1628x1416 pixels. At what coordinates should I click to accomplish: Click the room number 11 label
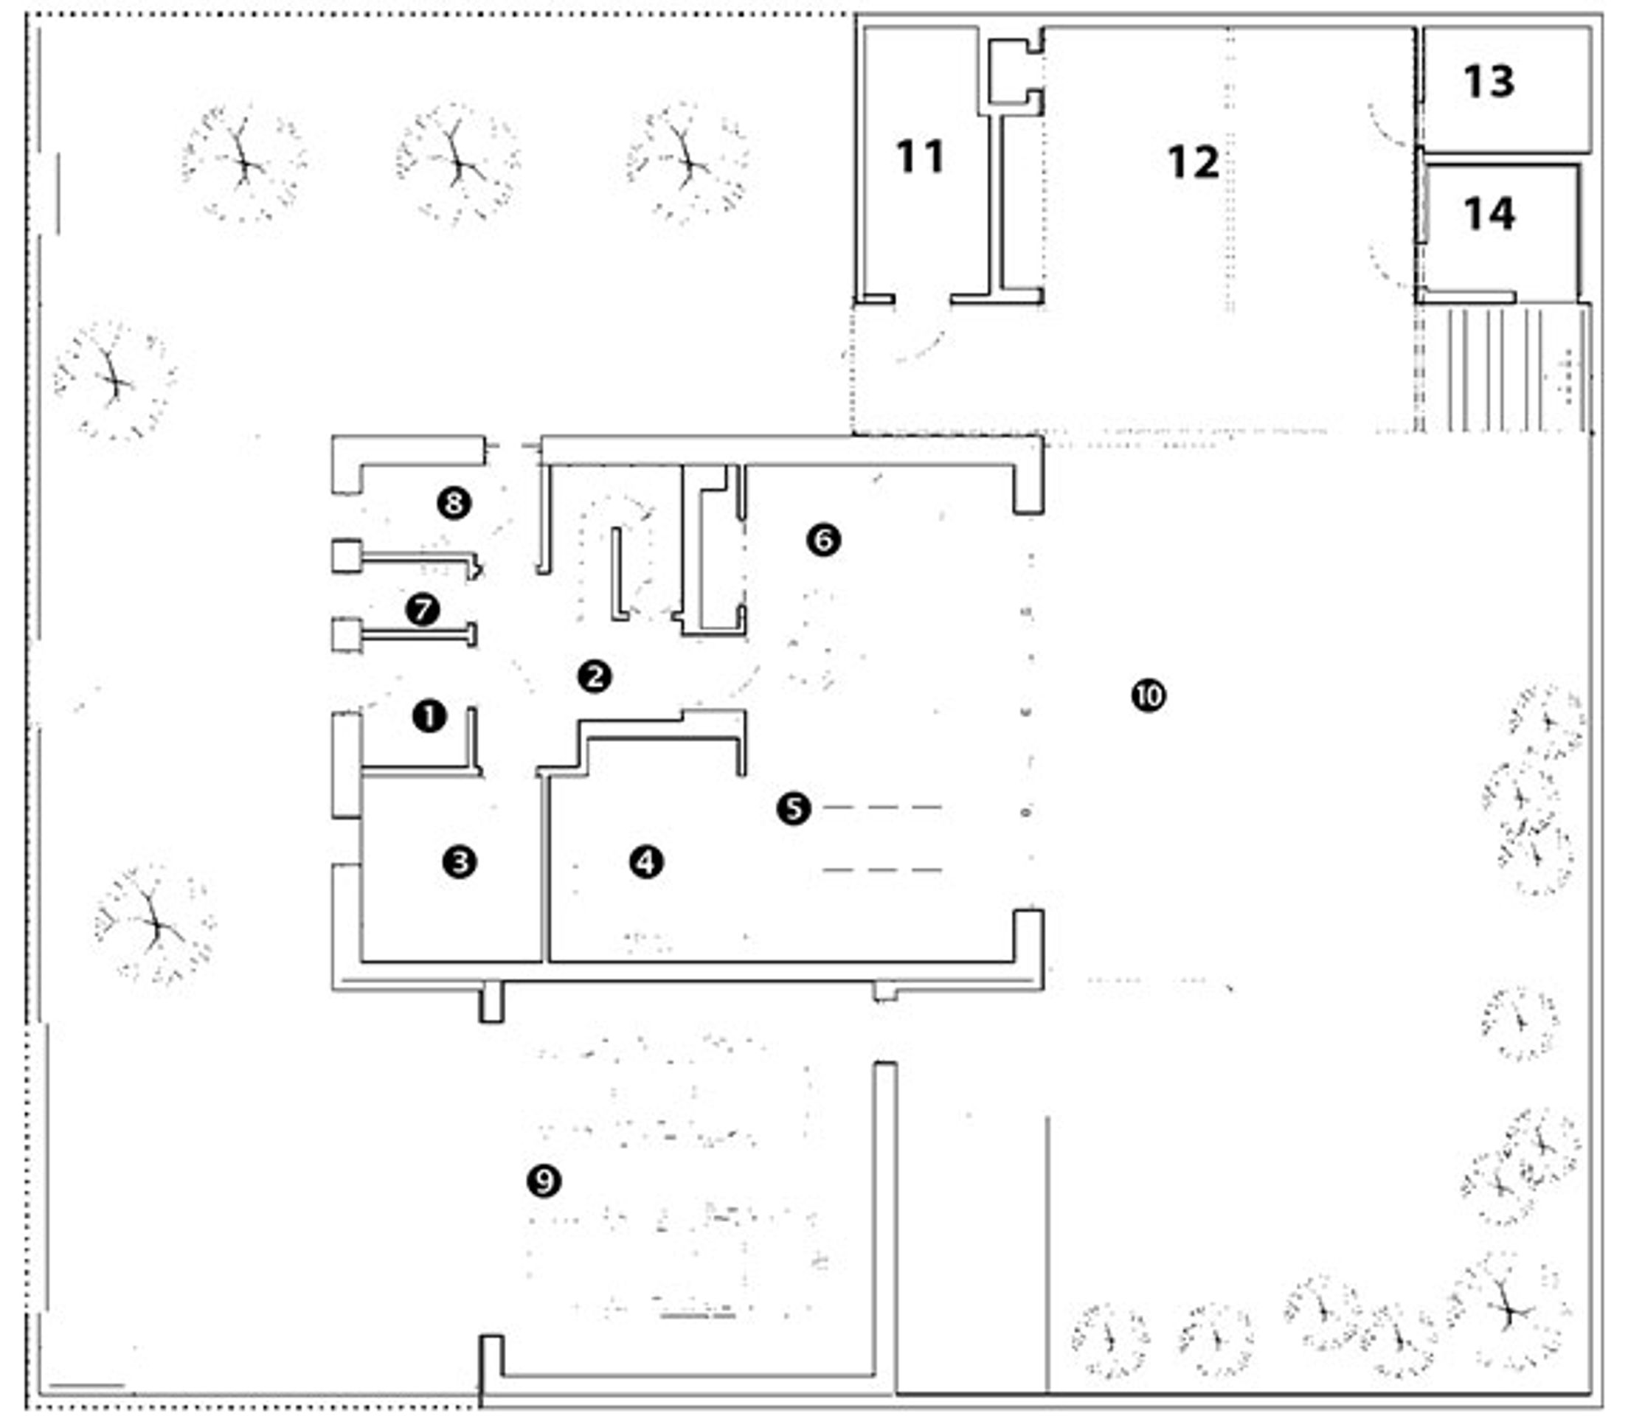point(920,156)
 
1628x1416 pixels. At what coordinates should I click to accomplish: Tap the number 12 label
point(1194,163)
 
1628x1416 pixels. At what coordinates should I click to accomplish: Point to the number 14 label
point(1490,214)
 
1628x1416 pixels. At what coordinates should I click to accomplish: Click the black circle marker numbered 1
point(429,717)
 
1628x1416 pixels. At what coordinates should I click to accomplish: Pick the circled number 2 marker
point(595,676)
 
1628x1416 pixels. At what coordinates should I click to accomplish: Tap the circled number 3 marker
point(460,861)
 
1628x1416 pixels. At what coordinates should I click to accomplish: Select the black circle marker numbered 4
point(646,861)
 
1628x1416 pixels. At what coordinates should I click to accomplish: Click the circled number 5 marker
point(794,808)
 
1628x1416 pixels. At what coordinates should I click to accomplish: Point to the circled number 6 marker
point(823,541)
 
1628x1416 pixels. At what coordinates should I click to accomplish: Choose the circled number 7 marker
point(423,610)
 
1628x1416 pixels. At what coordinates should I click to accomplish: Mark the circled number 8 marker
point(454,502)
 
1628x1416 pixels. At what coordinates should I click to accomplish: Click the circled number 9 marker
point(544,1181)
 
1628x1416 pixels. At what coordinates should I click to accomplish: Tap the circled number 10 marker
point(1149,696)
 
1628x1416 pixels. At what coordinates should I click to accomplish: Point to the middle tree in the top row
point(457,164)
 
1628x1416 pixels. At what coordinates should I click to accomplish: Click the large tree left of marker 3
point(155,925)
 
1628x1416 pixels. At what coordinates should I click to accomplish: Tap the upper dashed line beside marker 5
point(882,808)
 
